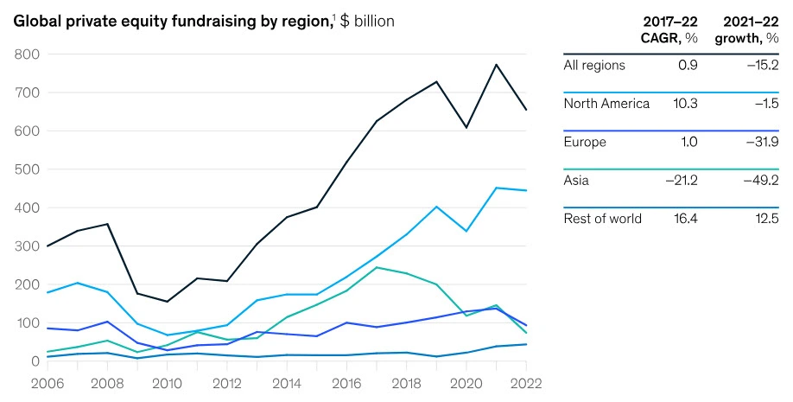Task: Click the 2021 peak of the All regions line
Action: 496,65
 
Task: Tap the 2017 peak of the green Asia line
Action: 377,267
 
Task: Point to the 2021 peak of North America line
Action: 496,188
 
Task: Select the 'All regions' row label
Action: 594,66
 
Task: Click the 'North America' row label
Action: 606,104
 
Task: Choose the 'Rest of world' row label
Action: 602,219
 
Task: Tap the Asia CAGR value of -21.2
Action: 680,181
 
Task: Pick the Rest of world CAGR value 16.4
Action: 684,219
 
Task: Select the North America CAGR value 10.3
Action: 684,104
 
